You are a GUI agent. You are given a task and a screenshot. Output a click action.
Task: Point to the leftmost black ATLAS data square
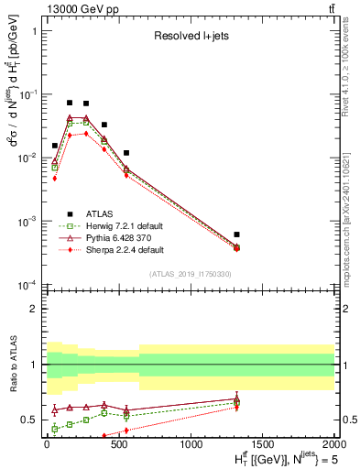[x=55, y=146]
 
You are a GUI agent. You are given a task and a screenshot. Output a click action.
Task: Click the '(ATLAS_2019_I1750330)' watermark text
[x=189, y=274]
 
